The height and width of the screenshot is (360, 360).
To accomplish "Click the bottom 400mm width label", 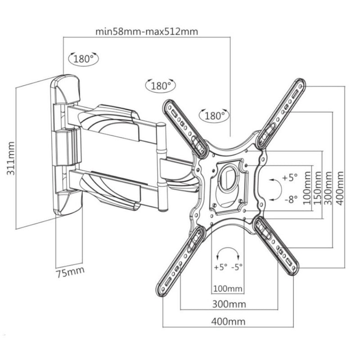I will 229,321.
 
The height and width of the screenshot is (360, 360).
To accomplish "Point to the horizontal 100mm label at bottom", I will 228,288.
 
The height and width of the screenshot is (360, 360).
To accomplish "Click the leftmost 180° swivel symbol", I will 83,58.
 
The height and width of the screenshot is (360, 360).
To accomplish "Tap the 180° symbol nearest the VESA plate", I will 214,116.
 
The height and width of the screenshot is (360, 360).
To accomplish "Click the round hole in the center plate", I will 229,175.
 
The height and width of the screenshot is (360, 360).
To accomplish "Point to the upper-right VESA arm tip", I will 299,85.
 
